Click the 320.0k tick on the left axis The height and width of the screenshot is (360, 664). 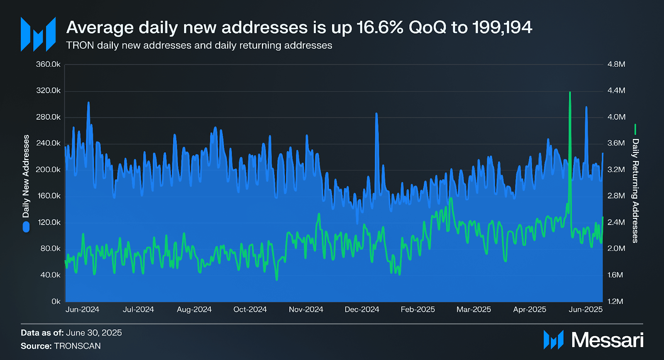(48, 90)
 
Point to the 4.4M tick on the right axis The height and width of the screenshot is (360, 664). (616, 90)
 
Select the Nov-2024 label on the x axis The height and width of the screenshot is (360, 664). (306, 309)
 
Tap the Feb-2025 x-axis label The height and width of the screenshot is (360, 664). (417, 309)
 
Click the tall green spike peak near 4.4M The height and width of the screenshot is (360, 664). (570, 92)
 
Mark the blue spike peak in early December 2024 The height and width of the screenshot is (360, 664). (376, 113)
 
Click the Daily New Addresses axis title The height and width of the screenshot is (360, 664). (26, 176)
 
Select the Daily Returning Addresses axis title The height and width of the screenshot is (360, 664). (635, 191)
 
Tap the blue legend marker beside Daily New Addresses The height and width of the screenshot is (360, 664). (26, 227)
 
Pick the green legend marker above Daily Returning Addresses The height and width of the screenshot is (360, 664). (635, 129)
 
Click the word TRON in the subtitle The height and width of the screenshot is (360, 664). (80, 45)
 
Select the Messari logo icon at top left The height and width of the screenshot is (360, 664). (38, 34)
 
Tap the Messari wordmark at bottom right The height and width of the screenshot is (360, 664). (607, 340)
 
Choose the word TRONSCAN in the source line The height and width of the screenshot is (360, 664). (77, 346)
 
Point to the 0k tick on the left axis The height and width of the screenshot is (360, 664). (56, 302)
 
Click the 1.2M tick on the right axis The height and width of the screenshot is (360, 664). (615, 302)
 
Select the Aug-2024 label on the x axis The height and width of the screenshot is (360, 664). (194, 309)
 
